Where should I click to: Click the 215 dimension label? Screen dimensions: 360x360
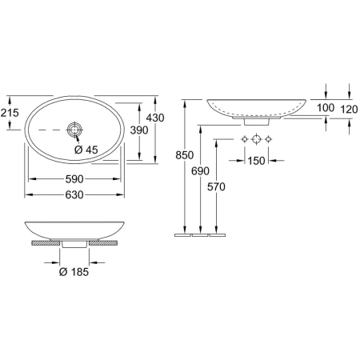coord(10,113)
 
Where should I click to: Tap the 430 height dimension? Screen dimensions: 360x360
coord(155,118)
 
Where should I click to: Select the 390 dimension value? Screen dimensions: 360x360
coord(139,130)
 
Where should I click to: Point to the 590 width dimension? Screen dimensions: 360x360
coord(74,179)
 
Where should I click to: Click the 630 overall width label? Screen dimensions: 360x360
coord(74,195)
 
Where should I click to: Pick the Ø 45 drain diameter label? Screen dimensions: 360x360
coord(86,150)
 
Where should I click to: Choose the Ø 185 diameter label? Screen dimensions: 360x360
coord(74,272)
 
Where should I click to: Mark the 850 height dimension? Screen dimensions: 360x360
coord(185,155)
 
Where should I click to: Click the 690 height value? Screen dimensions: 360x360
coord(201,171)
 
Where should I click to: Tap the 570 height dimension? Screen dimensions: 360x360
coord(216,187)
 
